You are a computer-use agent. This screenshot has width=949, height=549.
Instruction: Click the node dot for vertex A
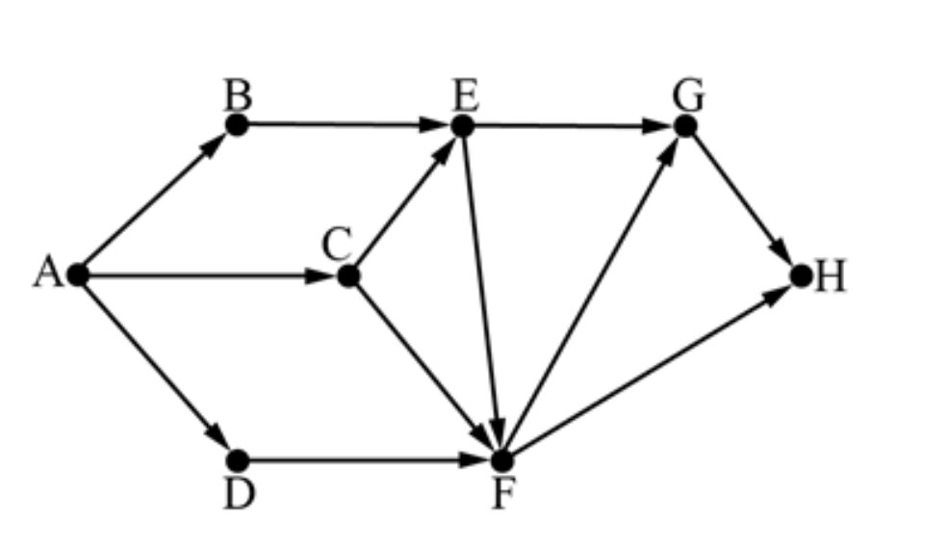[79, 275]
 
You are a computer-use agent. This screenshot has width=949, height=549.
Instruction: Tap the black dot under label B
[237, 124]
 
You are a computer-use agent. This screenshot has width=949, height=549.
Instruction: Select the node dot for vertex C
[348, 276]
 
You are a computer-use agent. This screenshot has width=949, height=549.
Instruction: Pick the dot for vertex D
[240, 460]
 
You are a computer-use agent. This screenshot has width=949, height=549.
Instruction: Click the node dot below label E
[462, 125]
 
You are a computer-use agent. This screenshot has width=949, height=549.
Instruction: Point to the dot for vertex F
[500, 460]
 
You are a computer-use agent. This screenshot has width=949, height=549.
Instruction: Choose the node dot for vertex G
[684, 125]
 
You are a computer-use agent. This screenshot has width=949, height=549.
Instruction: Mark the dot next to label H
[801, 276]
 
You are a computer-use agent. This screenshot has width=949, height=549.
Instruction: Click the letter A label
[46, 274]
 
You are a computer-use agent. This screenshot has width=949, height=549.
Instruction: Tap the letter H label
[831, 277]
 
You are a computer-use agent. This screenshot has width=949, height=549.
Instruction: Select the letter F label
[500, 495]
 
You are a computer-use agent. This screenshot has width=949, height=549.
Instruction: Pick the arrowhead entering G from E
[658, 125]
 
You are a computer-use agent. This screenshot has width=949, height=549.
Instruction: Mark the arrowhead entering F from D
[474, 460]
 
